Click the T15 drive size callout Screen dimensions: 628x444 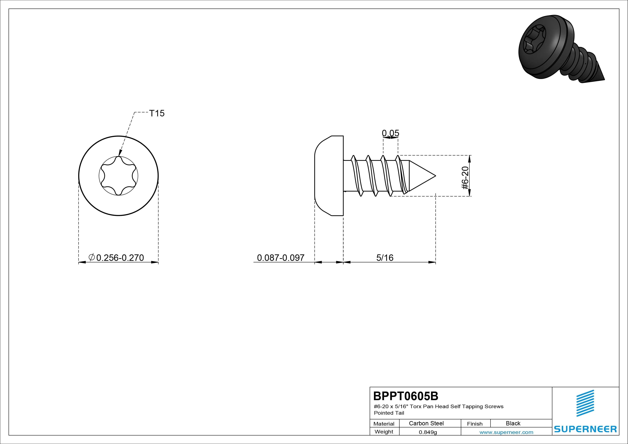(157, 113)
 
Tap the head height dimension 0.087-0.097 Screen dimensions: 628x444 (281, 258)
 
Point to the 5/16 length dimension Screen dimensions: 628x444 (385, 258)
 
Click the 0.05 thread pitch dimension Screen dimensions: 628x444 (391, 133)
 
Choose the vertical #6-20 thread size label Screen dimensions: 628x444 (465, 178)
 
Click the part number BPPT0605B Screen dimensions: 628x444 (406, 396)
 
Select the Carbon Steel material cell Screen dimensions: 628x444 (426, 423)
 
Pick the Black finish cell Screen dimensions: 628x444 (513, 423)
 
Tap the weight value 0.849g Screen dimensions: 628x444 (428, 432)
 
